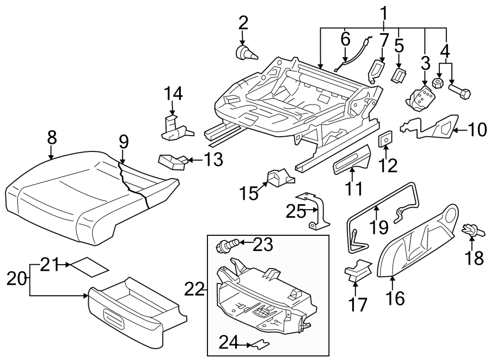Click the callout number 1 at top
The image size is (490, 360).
pyautogui.click(x=384, y=11)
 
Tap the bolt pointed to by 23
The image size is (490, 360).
pyautogui.click(x=224, y=246)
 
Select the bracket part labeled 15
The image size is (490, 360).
pyautogui.click(x=278, y=178)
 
